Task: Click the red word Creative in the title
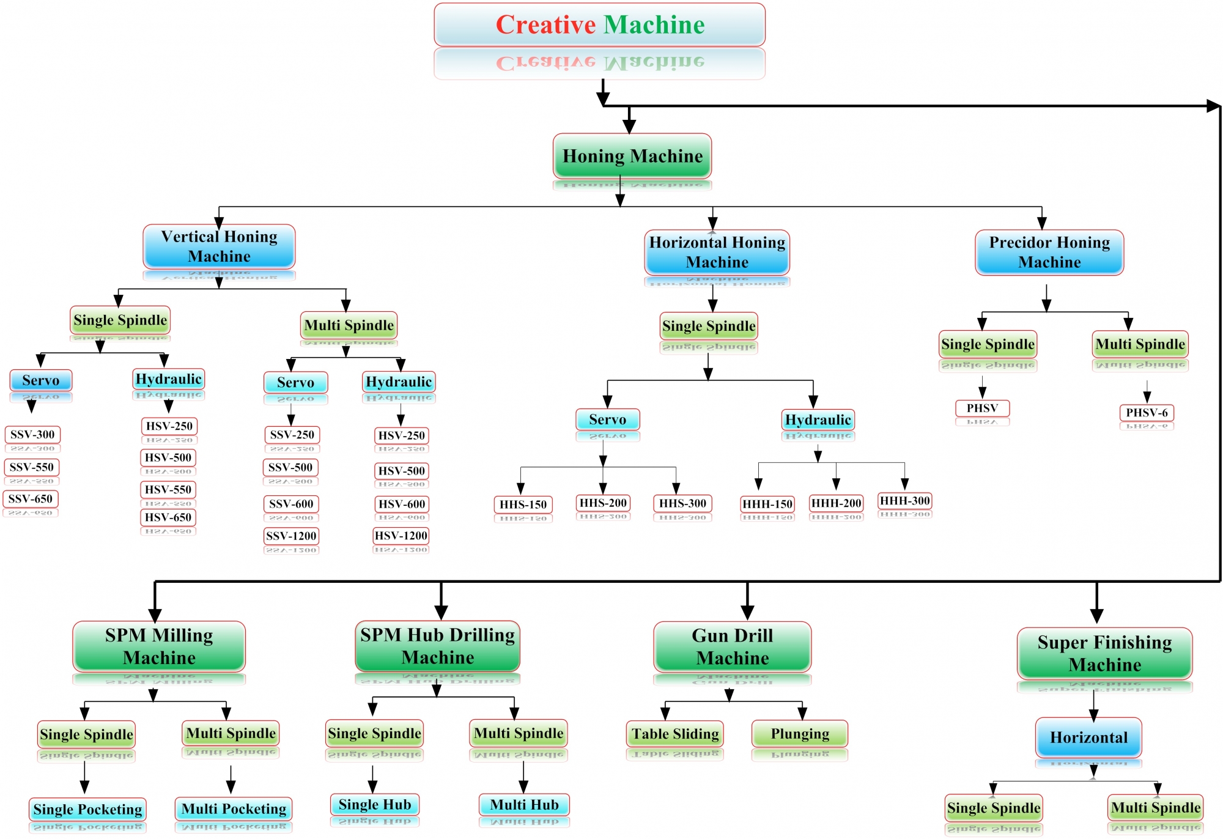[x=545, y=25]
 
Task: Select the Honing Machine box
[x=632, y=157]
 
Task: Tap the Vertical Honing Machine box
[x=219, y=246]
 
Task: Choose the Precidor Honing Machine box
[x=1049, y=253]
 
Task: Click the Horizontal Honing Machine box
[x=717, y=253]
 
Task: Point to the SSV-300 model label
[x=32, y=435]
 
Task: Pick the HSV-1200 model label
[x=401, y=536]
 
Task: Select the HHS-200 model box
[x=603, y=503]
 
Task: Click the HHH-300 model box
[x=905, y=501]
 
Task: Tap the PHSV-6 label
[x=1147, y=413]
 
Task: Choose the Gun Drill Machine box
[x=733, y=647]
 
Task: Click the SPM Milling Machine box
[x=159, y=646]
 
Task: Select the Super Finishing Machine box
[x=1104, y=654]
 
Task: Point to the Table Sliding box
[x=675, y=734]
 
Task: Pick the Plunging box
[x=800, y=734]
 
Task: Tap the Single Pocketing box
[x=87, y=810]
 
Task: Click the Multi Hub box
[x=524, y=805]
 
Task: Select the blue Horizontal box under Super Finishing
[x=1088, y=737]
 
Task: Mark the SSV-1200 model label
[x=292, y=536]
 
